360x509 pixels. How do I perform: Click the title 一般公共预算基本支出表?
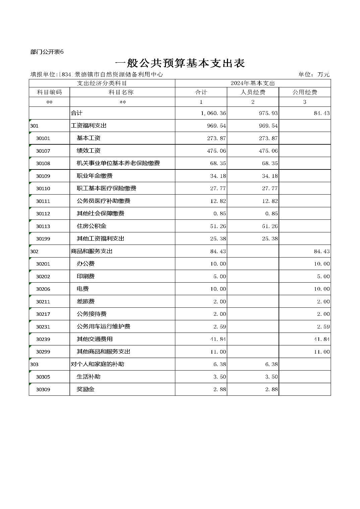click(180, 63)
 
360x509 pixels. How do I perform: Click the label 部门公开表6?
click(47, 52)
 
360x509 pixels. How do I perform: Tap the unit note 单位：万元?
click(314, 74)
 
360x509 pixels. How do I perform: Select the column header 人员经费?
click(253, 92)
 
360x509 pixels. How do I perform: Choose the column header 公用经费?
click(304, 92)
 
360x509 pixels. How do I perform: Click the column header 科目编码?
click(49, 92)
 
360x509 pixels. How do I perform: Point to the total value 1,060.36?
click(214, 113)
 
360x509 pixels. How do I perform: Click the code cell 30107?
click(43, 151)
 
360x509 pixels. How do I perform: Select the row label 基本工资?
click(88, 138)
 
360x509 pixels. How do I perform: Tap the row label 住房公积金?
click(92, 226)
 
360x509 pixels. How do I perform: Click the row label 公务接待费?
click(92, 314)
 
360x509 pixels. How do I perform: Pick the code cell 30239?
click(43, 339)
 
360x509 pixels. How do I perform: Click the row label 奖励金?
click(85, 389)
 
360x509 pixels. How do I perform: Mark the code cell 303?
click(34, 364)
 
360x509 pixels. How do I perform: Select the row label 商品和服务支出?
click(92, 251)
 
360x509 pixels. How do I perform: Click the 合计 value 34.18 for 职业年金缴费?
click(218, 176)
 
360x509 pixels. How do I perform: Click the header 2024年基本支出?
click(253, 83)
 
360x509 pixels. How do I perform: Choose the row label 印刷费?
click(85, 276)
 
